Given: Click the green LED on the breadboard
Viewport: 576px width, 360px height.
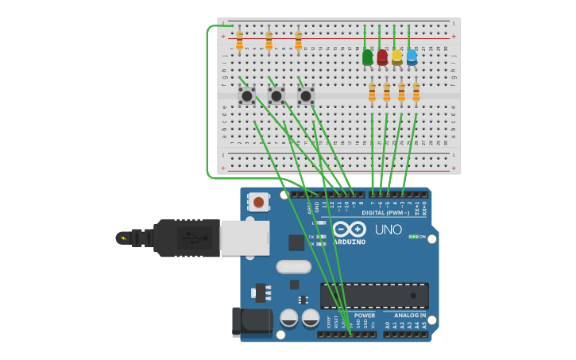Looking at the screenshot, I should (367, 58).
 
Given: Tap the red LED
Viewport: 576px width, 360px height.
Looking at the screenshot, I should (382, 57).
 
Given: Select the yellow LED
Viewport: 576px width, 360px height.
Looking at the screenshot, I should (396, 57).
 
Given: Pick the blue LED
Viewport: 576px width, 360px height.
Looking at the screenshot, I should (412, 56).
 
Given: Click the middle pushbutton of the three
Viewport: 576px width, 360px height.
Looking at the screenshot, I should (276, 96).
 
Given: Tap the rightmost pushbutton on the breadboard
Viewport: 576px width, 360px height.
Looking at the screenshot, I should (306, 96).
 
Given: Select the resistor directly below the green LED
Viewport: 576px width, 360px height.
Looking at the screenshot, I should (372, 93).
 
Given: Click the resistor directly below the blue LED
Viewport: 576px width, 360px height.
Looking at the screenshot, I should (416, 92).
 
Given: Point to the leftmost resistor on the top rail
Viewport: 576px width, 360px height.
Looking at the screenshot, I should (239, 41).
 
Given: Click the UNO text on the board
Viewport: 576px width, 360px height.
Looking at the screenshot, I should (388, 230).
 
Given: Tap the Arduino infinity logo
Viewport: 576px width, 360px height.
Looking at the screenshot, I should (350, 229).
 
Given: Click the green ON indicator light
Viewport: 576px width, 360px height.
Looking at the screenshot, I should (412, 237).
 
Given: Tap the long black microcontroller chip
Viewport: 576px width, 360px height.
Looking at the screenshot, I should (374, 295).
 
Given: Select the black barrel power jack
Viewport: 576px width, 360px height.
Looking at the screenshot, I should (251, 321).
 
